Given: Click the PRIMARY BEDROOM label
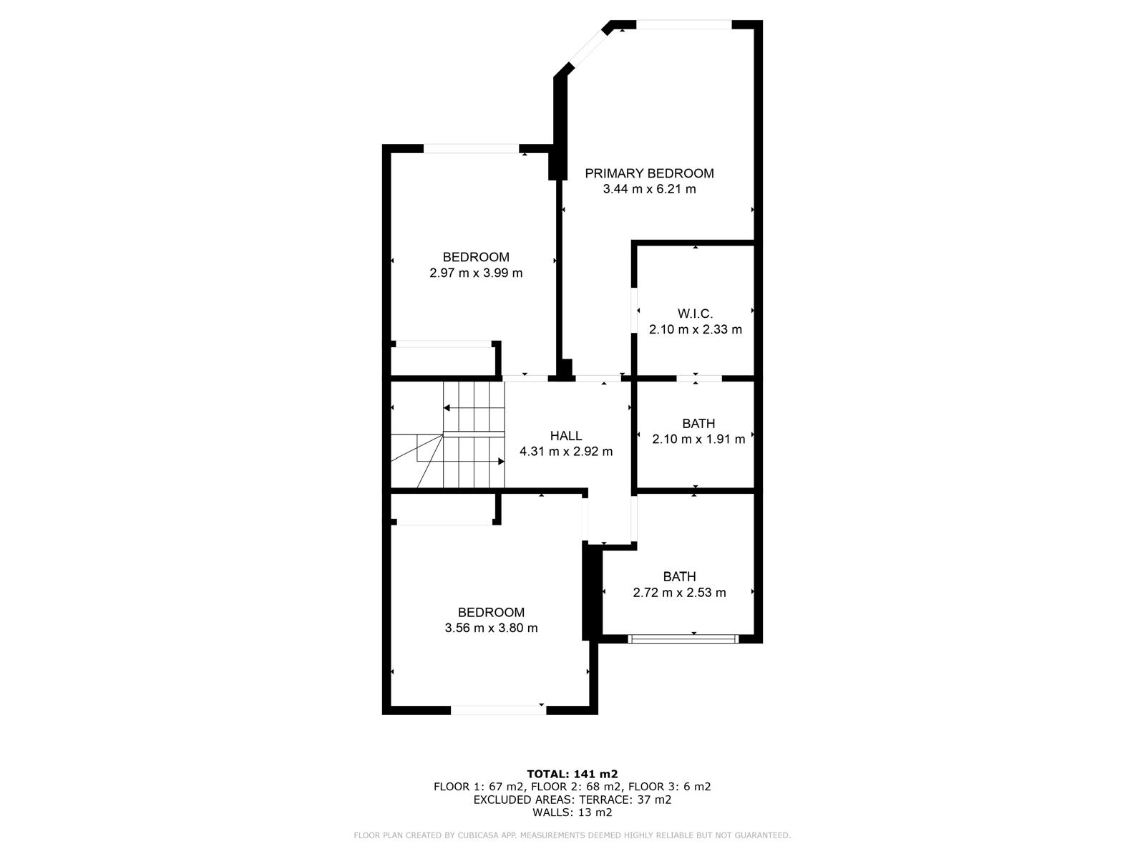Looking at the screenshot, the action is pos(649,173).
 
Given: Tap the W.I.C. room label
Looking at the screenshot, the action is pos(695,314).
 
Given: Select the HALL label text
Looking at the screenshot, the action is pos(566,435).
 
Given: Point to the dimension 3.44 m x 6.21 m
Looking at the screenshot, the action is pos(650,189).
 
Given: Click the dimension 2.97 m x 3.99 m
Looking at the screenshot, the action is pos(476,273).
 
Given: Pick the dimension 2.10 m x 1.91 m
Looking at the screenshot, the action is pos(698,439).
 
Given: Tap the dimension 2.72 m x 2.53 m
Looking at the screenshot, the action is pos(679,593).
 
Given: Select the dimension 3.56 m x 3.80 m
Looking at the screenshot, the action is pos(491,628).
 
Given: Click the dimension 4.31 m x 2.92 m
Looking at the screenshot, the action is pos(566,452).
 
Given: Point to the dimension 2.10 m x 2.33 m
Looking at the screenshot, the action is pos(696,329).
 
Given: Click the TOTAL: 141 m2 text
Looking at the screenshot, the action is pos(572,774).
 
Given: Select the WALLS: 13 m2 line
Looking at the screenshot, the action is pos(572,812).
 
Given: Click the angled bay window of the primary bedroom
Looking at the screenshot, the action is pos(588,48).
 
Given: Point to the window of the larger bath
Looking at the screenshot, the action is pos(683,639).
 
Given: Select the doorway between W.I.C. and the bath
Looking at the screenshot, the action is pos(699,378).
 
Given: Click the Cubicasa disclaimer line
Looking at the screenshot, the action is pos(572,835).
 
